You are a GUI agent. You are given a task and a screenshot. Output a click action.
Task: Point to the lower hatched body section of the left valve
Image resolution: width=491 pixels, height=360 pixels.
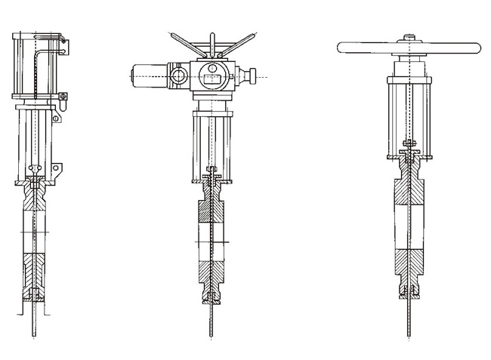coord(34,269)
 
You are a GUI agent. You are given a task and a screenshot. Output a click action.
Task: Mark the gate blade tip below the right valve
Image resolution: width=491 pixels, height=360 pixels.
coord(409,332)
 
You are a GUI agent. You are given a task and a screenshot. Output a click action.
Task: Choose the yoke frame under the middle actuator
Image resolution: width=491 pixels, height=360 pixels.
coord(212,140)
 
